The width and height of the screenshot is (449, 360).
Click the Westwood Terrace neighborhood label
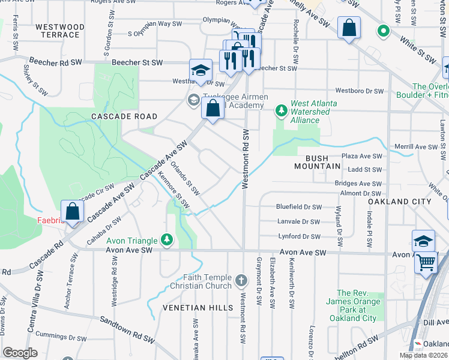59,31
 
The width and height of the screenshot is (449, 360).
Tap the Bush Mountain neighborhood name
312,163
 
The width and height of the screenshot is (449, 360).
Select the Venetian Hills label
197,308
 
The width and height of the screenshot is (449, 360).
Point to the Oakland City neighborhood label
400,202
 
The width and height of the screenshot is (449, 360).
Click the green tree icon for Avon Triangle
167,241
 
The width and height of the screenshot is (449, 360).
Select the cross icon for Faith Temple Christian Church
241,280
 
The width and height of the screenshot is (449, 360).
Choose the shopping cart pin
426,262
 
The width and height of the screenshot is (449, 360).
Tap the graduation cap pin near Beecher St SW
201,71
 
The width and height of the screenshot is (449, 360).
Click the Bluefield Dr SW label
299,207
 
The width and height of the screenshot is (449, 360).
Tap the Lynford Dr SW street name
299,237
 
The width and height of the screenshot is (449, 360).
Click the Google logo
20,353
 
